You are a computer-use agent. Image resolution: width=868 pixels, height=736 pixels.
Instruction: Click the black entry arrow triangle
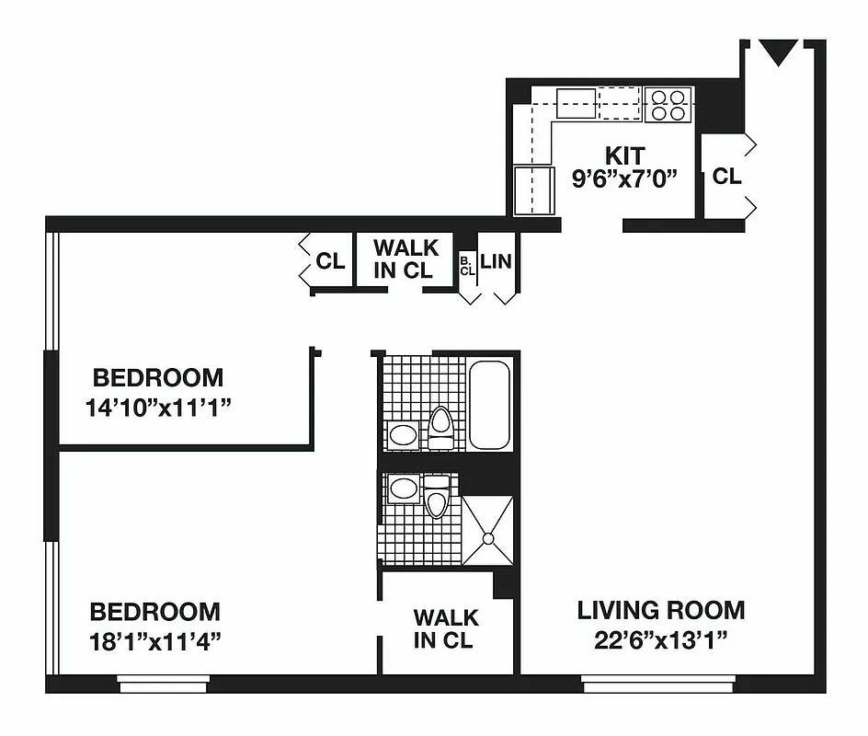point(779,52)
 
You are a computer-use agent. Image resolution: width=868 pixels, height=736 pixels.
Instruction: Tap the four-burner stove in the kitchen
point(668,104)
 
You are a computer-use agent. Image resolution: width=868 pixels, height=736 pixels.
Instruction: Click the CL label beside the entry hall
point(726,176)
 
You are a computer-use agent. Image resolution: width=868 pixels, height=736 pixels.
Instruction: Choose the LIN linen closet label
point(496,261)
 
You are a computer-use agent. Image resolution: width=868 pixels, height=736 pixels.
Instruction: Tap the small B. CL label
point(467,266)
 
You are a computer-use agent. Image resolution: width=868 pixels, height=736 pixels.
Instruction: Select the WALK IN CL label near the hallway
point(405,259)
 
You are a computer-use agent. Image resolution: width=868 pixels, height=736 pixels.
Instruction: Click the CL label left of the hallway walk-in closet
point(330,261)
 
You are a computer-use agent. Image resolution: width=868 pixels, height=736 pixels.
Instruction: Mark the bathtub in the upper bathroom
point(489,405)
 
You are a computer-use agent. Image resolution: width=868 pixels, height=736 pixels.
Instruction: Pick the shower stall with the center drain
point(486,531)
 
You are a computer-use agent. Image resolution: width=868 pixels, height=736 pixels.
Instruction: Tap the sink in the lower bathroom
point(403,489)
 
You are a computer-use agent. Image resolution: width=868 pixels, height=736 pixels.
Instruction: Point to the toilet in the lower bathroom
point(437,495)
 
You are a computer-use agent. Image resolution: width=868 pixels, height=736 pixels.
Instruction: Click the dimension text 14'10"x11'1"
point(157,406)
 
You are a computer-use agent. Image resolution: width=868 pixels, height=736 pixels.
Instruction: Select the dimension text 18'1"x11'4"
point(154,639)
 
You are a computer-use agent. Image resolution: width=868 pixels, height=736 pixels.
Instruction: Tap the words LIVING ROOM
point(661,610)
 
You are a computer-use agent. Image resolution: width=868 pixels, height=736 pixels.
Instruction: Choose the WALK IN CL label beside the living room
point(445,628)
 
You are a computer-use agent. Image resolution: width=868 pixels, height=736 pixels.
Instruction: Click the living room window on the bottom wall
point(658,684)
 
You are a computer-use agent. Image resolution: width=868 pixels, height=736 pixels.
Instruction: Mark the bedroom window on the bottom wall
point(163,684)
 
